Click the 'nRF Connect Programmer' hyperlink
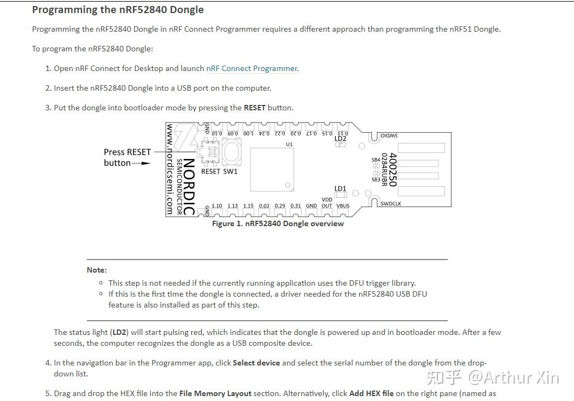click(x=251, y=68)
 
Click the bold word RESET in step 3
click(x=254, y=108)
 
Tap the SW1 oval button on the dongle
click(x=232, y=151)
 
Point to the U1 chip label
click(x=289, y=144)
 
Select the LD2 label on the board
click(x=340, y=139)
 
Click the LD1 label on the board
click(x=340, y=188)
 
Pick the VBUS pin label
click(x=343, y=206)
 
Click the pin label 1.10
click(x=217, y=206)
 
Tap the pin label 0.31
click(x=295, y=206)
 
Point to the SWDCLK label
click(x=391, y=204)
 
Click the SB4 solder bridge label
click(x=376, y=160)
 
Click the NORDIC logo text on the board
click(x=189, y=186)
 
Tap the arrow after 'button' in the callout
click(x=142, y=163)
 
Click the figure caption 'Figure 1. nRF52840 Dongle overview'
click(x=278, y=223)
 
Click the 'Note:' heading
click(x=97, y=270)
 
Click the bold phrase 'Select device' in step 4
click(x=256, y=363)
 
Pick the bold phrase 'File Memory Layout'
click(x=215, y=393)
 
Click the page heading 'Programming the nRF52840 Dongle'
click(x=118, y=10)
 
